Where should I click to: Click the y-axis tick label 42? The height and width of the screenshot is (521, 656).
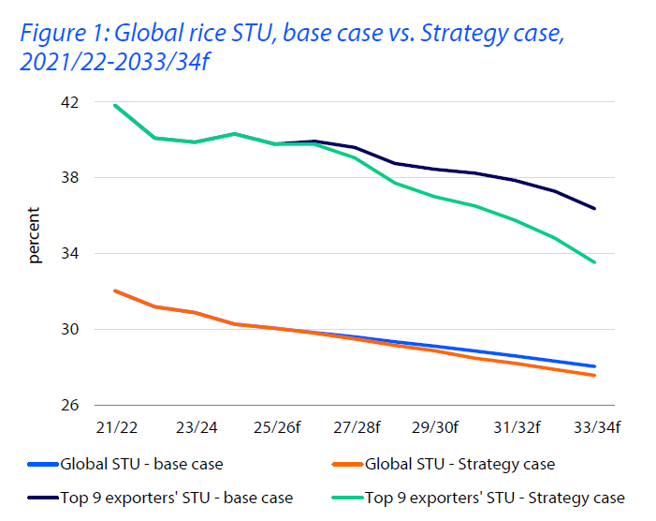71,102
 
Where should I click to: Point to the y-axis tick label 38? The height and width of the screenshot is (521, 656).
71,178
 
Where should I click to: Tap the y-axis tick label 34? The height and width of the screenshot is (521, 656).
71,254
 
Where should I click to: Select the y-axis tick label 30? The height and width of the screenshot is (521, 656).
71,330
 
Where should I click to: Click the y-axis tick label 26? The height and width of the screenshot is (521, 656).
71,406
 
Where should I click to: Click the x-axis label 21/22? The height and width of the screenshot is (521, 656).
116,427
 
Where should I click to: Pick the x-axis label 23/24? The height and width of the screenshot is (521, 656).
196,427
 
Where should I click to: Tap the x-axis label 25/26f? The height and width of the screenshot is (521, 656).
276,427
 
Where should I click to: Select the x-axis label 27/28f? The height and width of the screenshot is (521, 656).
356,427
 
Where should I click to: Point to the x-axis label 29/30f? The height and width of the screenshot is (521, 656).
435,427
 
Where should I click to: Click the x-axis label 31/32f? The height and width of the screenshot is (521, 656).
516,427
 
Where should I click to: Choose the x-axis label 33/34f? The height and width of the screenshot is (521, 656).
596,427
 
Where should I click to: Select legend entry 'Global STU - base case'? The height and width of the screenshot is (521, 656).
141,464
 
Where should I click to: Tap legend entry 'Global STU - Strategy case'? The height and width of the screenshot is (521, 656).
459,464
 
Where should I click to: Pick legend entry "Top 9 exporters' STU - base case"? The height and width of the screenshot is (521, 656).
176,498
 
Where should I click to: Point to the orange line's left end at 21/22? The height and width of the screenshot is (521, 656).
115,290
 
